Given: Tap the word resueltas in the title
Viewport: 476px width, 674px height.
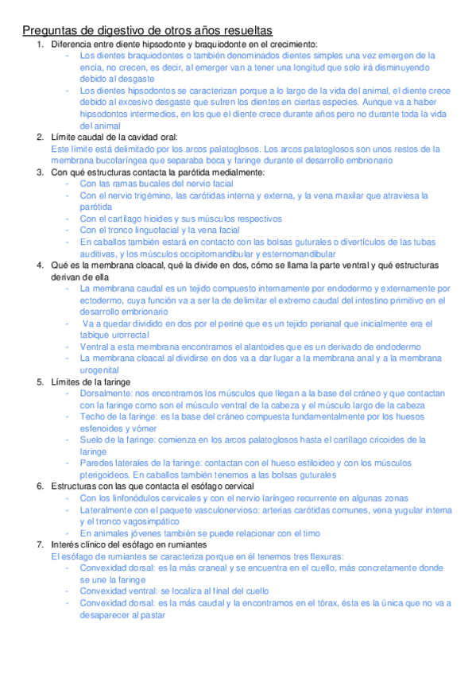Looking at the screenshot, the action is coord(243,30).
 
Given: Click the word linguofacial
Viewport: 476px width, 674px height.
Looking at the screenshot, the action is coord(156,230).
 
